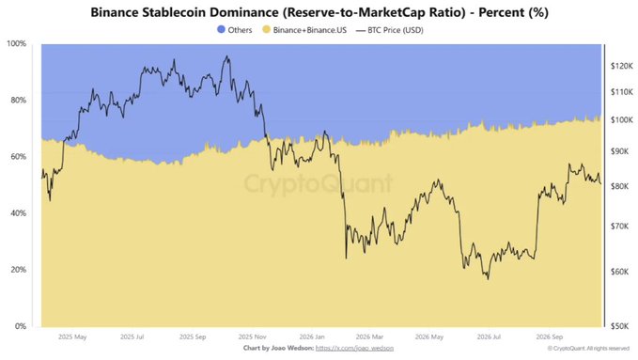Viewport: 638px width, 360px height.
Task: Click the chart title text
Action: (319, 12)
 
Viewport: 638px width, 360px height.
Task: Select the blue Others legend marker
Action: (221, 29)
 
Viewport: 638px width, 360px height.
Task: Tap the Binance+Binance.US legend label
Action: (310, 30)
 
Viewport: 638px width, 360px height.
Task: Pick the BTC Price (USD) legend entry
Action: (390, 30)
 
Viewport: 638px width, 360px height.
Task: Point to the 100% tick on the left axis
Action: (16, 43)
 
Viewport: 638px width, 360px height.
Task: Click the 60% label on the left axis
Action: (18, 156)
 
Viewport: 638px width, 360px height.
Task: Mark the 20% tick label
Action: (18, 270)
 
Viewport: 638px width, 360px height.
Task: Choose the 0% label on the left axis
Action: (21, 326)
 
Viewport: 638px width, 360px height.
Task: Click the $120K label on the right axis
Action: (622, 66)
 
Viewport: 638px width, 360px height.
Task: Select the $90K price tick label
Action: (620, 151)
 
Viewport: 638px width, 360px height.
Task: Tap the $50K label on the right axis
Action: (620, 326)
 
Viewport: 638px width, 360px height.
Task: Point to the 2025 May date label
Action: (72, 337)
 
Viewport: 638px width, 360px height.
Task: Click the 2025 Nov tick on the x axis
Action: (252, 337)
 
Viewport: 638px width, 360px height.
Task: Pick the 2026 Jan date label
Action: (312, 337)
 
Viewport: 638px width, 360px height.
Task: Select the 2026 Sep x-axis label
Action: (550, 337)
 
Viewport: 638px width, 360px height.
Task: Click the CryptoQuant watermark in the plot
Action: (319, 183)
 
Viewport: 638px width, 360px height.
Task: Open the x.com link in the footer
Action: (354, 348)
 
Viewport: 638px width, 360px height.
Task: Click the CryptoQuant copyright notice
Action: (588, 348)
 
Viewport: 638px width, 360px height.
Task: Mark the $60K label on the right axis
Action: (620, 272)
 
